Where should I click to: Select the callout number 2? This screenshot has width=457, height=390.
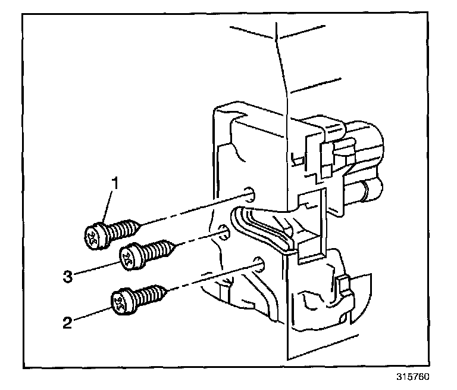[x=67, y=323]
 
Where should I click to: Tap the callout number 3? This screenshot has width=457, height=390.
[x=68, y=276]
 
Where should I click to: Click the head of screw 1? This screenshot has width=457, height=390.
[x=94, y=236]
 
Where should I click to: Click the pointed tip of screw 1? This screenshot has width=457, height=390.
[x=141, y=225]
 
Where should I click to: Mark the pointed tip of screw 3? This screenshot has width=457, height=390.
[x=176, y=244]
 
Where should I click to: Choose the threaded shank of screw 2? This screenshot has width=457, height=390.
[x=149, y=295]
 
